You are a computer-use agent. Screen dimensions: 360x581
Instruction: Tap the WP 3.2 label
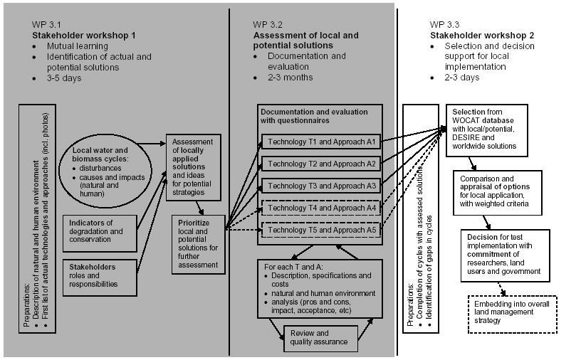click(266, 23)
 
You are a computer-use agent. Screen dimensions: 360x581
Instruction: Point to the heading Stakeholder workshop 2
click(482, 34)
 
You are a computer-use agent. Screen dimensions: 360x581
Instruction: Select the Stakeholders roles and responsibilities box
click(99, 276)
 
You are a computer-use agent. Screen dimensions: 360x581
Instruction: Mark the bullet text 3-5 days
click(63, 78)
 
